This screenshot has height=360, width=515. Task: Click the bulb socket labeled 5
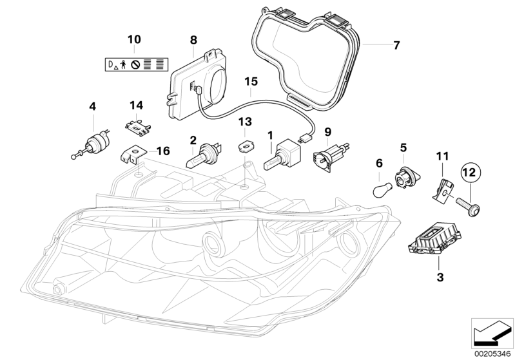click(403, 174)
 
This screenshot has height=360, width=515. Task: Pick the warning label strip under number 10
click(135, 64)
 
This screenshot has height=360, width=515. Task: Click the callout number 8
click(193, 40)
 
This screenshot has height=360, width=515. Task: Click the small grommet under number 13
click(245, 146)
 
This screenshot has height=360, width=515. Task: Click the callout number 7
click(396, 45)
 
